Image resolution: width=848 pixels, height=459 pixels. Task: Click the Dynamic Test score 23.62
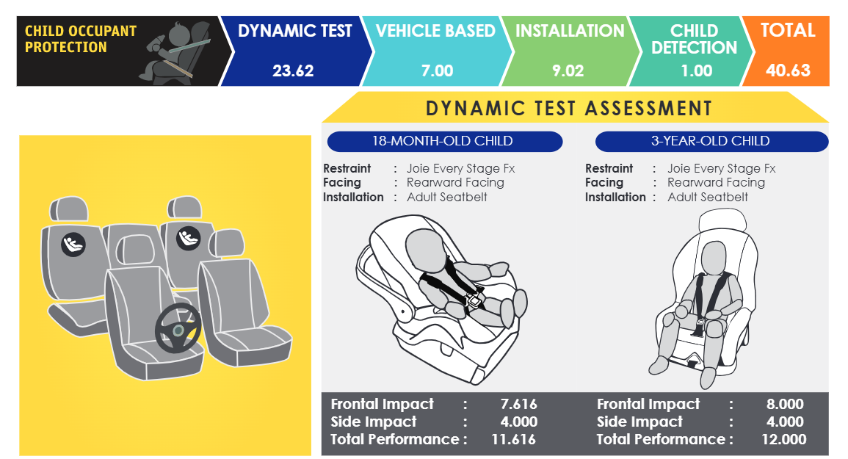(293, 71)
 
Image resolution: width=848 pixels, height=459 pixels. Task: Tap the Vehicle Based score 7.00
(437, 71)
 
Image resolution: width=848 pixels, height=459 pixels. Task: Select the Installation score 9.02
(568, 71)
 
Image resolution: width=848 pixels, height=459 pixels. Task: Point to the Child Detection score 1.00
(697, 71)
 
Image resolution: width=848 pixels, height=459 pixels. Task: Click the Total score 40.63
(788, 71)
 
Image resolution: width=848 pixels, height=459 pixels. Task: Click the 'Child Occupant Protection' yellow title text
(81, 39)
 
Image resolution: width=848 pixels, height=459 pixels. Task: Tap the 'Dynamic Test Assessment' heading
(569, 108)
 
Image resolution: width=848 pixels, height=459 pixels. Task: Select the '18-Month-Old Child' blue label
(444, 141)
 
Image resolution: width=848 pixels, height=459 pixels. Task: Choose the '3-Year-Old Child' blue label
(711, 141)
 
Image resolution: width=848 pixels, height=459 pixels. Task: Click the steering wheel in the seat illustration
(178, 328)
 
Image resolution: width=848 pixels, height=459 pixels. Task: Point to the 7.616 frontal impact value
(518, 405)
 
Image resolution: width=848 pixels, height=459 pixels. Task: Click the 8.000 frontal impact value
(785, 405)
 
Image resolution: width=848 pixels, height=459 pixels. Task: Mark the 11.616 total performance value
(513, 439)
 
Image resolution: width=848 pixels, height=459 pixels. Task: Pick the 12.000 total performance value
(783, 439)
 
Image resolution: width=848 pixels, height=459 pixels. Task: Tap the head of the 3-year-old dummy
(714, 257)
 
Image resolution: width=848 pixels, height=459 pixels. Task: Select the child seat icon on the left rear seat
(73, 244)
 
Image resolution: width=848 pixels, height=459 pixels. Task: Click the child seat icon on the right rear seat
(188, 238)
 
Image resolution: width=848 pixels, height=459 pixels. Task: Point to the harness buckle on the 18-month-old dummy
(473, 299)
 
